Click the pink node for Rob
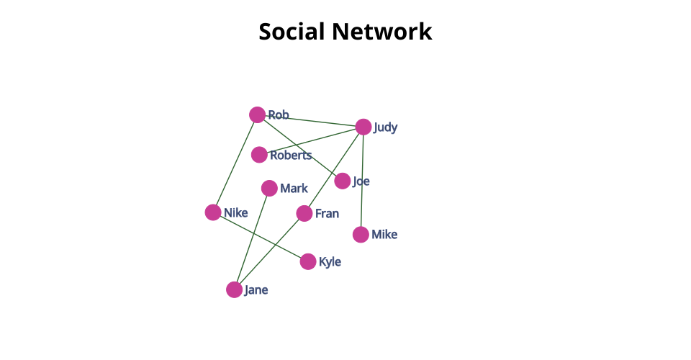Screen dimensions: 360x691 click(257, 114)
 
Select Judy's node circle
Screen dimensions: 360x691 click(363, 127)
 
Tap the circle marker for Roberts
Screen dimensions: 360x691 click(259, 155)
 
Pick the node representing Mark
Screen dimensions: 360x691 click(269, 189)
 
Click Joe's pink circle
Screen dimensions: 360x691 click(343, 181)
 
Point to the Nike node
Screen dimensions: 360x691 click(213, 212)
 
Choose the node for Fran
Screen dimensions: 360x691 click(304, 214)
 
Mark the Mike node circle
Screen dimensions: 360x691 click(361, 235)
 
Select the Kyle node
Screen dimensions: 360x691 click(308, 262)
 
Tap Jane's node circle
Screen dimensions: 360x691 click(234, 290)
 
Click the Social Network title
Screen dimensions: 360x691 click(345, 32)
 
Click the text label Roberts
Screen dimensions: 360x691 click(291, 155)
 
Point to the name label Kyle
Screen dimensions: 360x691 click(330, 262)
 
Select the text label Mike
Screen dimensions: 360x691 click(384, 235)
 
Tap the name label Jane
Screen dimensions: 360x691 click(256, 290)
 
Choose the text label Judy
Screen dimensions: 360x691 click(386, 127)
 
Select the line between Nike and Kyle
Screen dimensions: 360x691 click(261, 237)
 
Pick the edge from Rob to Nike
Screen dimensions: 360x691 click(235, 163)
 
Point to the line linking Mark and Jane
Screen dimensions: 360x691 click(252, 238)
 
